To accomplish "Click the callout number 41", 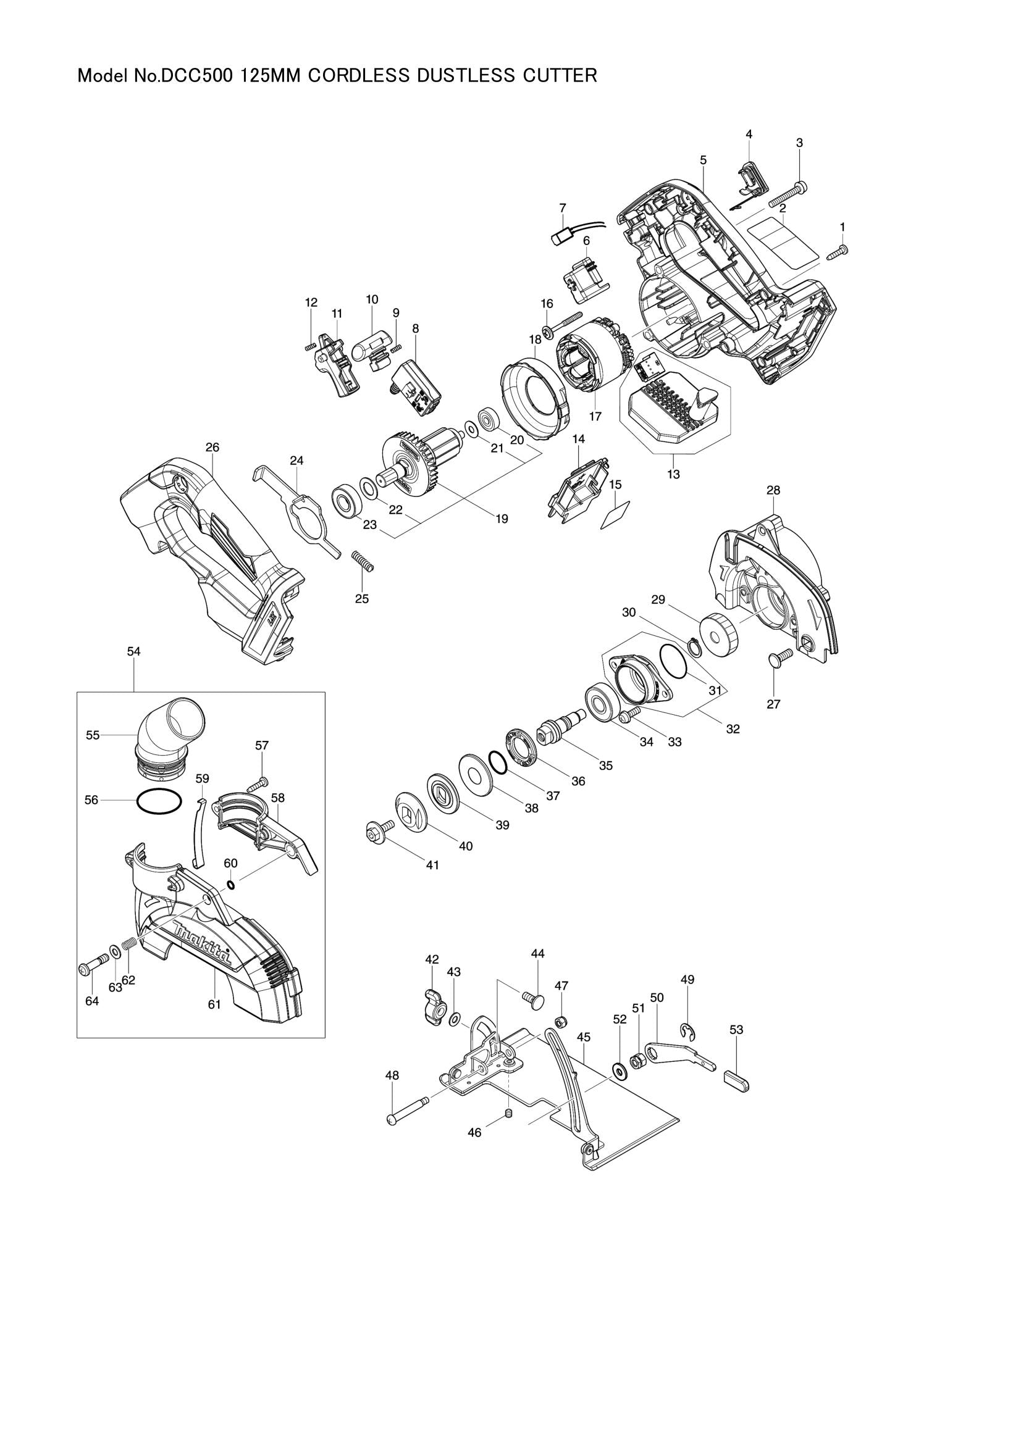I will click(432, 866).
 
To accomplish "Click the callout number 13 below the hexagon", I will click(674, 474).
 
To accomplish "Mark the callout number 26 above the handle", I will click(212, 447).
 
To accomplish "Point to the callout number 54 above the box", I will click(133, 651).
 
